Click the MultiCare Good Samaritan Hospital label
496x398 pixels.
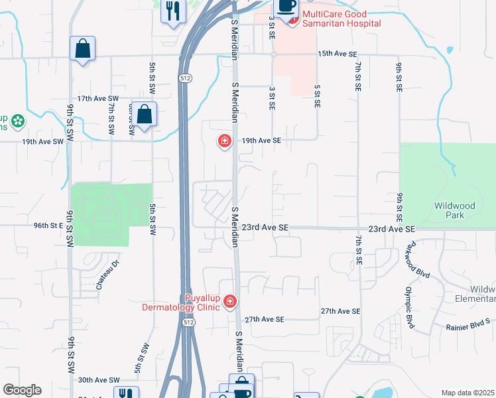tap(341, 19)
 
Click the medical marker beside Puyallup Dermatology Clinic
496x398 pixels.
tap(230, 302)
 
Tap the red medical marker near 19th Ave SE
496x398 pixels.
tap(224, 141)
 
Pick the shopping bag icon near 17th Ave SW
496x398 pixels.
tap(144, 114)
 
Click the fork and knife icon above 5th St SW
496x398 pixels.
tap(173, 11)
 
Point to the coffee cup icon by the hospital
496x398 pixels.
tap(286, 7)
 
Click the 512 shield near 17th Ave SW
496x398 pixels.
tap(186, 78)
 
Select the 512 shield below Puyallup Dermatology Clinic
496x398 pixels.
tap(189, 322)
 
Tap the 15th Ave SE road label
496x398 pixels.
tap(338, 53)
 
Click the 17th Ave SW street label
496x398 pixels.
tap(97, 98)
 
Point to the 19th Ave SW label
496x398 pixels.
tap(42, 141)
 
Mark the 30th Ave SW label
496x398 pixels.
tap(98, 380)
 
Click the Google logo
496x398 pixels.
tap(22, 390)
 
